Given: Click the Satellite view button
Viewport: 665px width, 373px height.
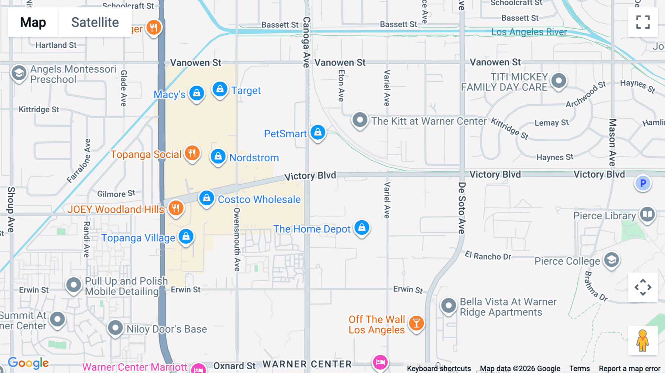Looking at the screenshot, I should [95, 23].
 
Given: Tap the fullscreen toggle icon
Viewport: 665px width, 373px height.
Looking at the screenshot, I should [643, 22].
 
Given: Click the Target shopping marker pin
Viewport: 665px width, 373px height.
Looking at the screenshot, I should [220, 89].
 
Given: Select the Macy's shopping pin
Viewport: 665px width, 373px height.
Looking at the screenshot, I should [197, 93].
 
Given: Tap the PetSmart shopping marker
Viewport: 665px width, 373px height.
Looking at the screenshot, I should [318, 132].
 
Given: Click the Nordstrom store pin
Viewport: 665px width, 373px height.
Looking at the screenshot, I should [218, 157].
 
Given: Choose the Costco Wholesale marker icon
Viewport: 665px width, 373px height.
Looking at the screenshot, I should [207, 198].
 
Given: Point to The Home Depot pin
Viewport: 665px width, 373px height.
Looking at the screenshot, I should [362, 228].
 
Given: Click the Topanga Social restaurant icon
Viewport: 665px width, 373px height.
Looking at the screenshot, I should [192, 153].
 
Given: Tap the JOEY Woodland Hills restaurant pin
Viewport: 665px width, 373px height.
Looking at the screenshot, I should [176, 208].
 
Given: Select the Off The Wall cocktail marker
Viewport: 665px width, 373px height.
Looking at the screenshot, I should [416, 324].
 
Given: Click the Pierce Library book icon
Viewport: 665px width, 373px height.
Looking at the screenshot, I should [647, 215].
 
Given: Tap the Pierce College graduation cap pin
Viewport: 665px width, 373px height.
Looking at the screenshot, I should [611, 260].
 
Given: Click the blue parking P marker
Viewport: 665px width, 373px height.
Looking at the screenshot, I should [643, 183].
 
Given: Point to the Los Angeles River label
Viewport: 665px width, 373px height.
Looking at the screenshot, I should [529, 32].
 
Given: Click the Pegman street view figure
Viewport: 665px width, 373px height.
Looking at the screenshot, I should [642, 341].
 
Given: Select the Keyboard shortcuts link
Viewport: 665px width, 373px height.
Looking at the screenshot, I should [439, 369].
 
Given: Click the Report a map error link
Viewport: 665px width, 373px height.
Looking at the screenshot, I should [629, 369].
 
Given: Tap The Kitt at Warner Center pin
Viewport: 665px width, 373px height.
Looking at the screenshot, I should [359, 120].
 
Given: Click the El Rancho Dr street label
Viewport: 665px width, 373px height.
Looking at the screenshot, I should [488, 256].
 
